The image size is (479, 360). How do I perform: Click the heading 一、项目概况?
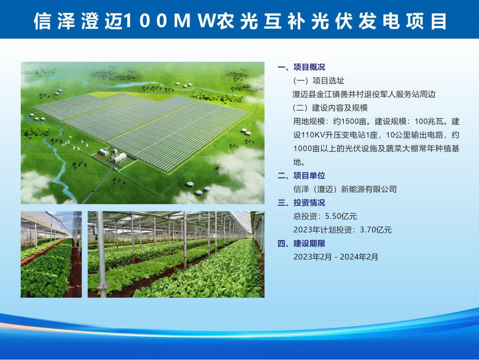coord(301,67)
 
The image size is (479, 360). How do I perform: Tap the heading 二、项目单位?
coord(301,176)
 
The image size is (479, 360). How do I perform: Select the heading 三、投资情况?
coord(301,203)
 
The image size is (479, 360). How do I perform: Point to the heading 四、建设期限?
coord(301,243)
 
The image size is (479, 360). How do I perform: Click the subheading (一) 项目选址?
coord(318,81)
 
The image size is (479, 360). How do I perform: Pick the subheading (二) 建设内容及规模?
coord(330,108)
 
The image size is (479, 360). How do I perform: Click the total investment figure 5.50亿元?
coord(341,216)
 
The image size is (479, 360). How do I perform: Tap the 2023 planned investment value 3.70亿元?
coord(376,230)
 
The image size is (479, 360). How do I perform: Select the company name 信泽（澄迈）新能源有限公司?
coord(345,189)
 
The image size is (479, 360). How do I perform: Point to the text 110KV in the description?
coord(313,135)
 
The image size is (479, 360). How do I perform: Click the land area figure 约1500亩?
coord(350,121)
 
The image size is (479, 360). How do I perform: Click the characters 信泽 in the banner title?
coord(54,21)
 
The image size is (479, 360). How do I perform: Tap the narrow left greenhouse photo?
coord(51,254)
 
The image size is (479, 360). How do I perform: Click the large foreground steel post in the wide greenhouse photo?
coord(101,254)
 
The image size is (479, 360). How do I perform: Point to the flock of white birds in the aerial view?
coord(75,143)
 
